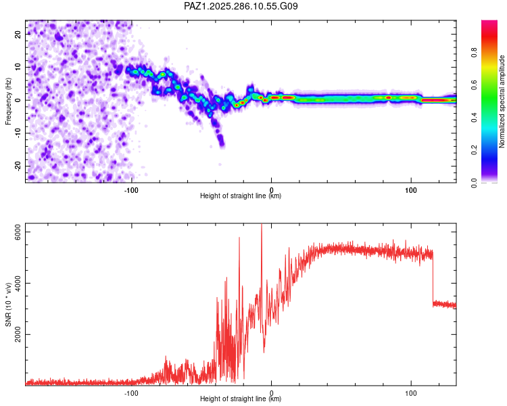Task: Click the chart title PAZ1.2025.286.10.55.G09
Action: coord(241,7)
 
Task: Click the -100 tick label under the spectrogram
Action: coord(131,189)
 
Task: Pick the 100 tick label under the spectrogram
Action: coord(411,189)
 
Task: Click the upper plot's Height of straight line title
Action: coord(241,196)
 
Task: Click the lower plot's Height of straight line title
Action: coord(241,399)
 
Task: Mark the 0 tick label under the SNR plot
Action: coord(271,392)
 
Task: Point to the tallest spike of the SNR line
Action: coord(262,226)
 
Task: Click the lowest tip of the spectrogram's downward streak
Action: coord(222,144)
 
